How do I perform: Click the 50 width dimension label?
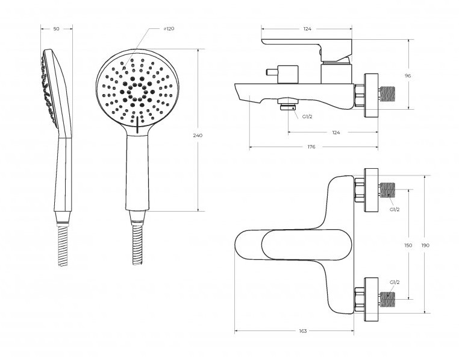click(57, 29)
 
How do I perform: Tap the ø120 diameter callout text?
click(169, 28)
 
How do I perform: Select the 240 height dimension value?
click(198, 136)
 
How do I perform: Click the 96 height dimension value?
click(408, 75)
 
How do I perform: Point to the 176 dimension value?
click(311, 147)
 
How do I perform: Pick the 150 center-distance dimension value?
click(408, 245)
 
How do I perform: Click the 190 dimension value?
click(425, 245)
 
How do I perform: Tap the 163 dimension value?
click(303, 331)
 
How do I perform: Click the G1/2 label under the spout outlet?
click(307, 116)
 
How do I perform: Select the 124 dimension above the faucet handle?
click(307, 29)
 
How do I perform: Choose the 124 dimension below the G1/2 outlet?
click(336, 133)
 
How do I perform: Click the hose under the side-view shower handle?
click(63, 245)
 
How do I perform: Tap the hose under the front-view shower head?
click(137, 245)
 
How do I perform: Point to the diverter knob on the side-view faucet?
click(272, 72)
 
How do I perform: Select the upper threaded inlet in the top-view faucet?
click(387, 190)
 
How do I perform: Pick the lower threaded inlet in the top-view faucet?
click(387, 300)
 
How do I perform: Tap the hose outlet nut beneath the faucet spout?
click(288, 105)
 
